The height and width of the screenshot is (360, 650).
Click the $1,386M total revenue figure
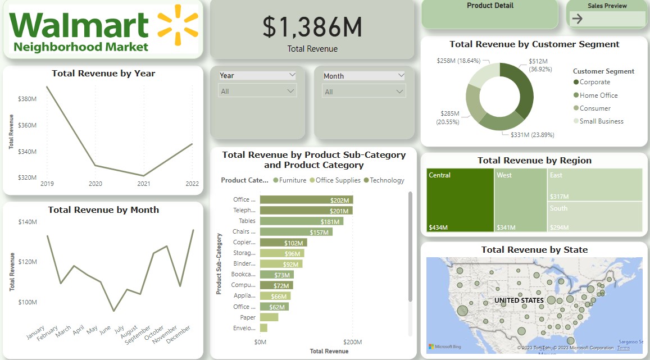pyautogui.click(x=312, y=27)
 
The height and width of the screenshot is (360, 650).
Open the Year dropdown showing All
pyautogui.click(x=258, y=91)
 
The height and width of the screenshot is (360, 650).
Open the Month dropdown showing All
pyautogui.click(x=363, y=92)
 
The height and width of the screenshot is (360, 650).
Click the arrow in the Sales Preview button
pyautogui.click(x=577, y=19)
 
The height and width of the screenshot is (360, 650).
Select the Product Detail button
pyautogui.click(x=490, y=6)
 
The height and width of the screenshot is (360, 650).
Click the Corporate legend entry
pyautogui.click(x=594, y=82)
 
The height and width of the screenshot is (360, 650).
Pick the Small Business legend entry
pyautogui.click(x=601, y=121)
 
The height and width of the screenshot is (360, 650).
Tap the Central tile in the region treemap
pyautogui.click(x=460, y=200)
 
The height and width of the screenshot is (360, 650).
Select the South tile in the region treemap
pyautogui.click(x=595, y=217)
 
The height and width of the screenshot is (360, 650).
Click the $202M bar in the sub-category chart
pyautogui.click(x=306, y=200)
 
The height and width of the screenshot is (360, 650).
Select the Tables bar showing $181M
pyautogui.click(x=301, y=221)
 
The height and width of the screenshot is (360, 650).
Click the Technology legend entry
pyautogui.click(x=387, y=180)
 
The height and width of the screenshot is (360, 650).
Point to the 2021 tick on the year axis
pyautogui.click(x=144, y=184)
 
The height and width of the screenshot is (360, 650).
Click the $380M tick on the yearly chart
pyautogui.click(x=27, y=99)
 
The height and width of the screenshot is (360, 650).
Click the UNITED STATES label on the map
pyautogui.click(x=519, y=300)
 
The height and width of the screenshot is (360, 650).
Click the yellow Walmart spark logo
pyautogui.click(x=177, y=25)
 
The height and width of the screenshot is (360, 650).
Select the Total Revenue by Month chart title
pyautogui.click(x=103, y=210)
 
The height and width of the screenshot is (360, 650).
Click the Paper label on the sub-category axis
pyautogui.click(x=248, y=317)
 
